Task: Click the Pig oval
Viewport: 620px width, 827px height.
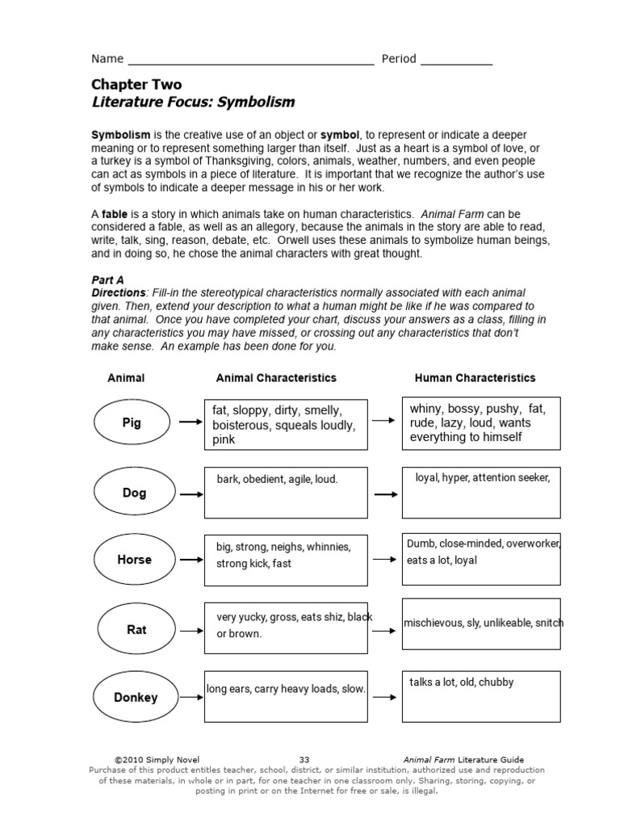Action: tap(132, 422)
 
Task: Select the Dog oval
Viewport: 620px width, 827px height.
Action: tap(134, 493)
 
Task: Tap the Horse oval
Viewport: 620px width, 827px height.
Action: tap(134, 560)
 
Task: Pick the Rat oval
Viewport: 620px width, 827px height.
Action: tap(136, 629)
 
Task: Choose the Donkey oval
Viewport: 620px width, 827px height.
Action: tap(135, 697)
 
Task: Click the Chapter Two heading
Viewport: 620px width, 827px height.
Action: tap(136, 84)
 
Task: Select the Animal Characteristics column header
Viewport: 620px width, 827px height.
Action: tap(276, 378)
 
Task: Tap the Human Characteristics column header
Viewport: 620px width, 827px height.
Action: tap(475, 378)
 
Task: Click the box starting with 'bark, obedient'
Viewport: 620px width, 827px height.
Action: tap(286, 492)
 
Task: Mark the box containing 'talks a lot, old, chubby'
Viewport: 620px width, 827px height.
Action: tap(481, 696)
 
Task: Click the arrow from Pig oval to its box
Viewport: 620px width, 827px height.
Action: tap(190, 422)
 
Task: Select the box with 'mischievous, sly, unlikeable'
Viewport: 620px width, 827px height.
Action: tap(481, 623)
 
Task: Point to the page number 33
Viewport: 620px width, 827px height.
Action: tap(304, 759)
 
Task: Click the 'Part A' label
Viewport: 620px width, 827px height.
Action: tap(107, 279)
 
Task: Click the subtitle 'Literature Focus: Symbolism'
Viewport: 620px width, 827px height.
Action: tap(193, 103)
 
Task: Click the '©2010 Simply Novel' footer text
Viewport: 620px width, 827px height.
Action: tap(157, 759)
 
